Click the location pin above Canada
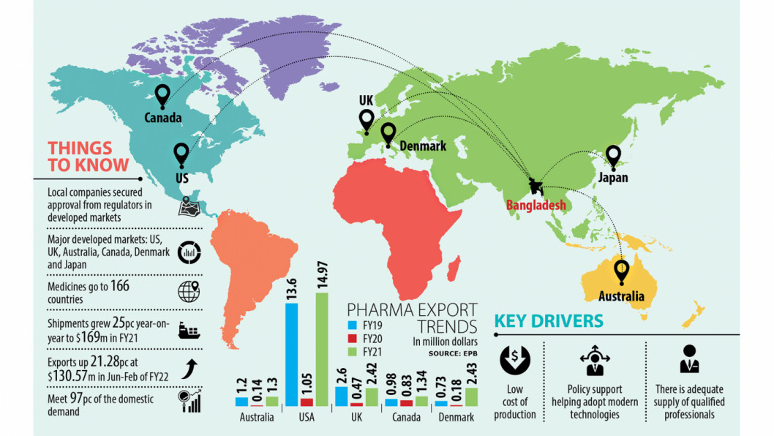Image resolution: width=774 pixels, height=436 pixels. click(x=162, y=96)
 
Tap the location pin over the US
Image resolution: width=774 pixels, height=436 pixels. click(x=181, y=154)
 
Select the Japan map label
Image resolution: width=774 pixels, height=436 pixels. click(x=612, y=177)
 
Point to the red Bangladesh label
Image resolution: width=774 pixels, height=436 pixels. click(x=536, y=206)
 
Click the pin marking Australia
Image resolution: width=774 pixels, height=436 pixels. click(x=622, y=273)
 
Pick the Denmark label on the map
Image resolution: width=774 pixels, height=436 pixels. click(x=423, y=146)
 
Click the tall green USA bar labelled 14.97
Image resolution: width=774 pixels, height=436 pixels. click(x=322, y=349)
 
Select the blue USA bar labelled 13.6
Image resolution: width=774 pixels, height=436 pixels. click(x=291, y=354)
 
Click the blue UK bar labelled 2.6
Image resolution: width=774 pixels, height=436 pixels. click(x=340, y=396)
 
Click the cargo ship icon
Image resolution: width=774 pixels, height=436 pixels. click(x=189, y=330)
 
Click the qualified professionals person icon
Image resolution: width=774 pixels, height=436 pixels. click(x=689, y=359)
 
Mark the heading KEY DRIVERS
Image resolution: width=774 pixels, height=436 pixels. click(x=549, y=320)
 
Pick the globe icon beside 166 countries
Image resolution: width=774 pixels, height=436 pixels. click(x=189, y=292)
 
